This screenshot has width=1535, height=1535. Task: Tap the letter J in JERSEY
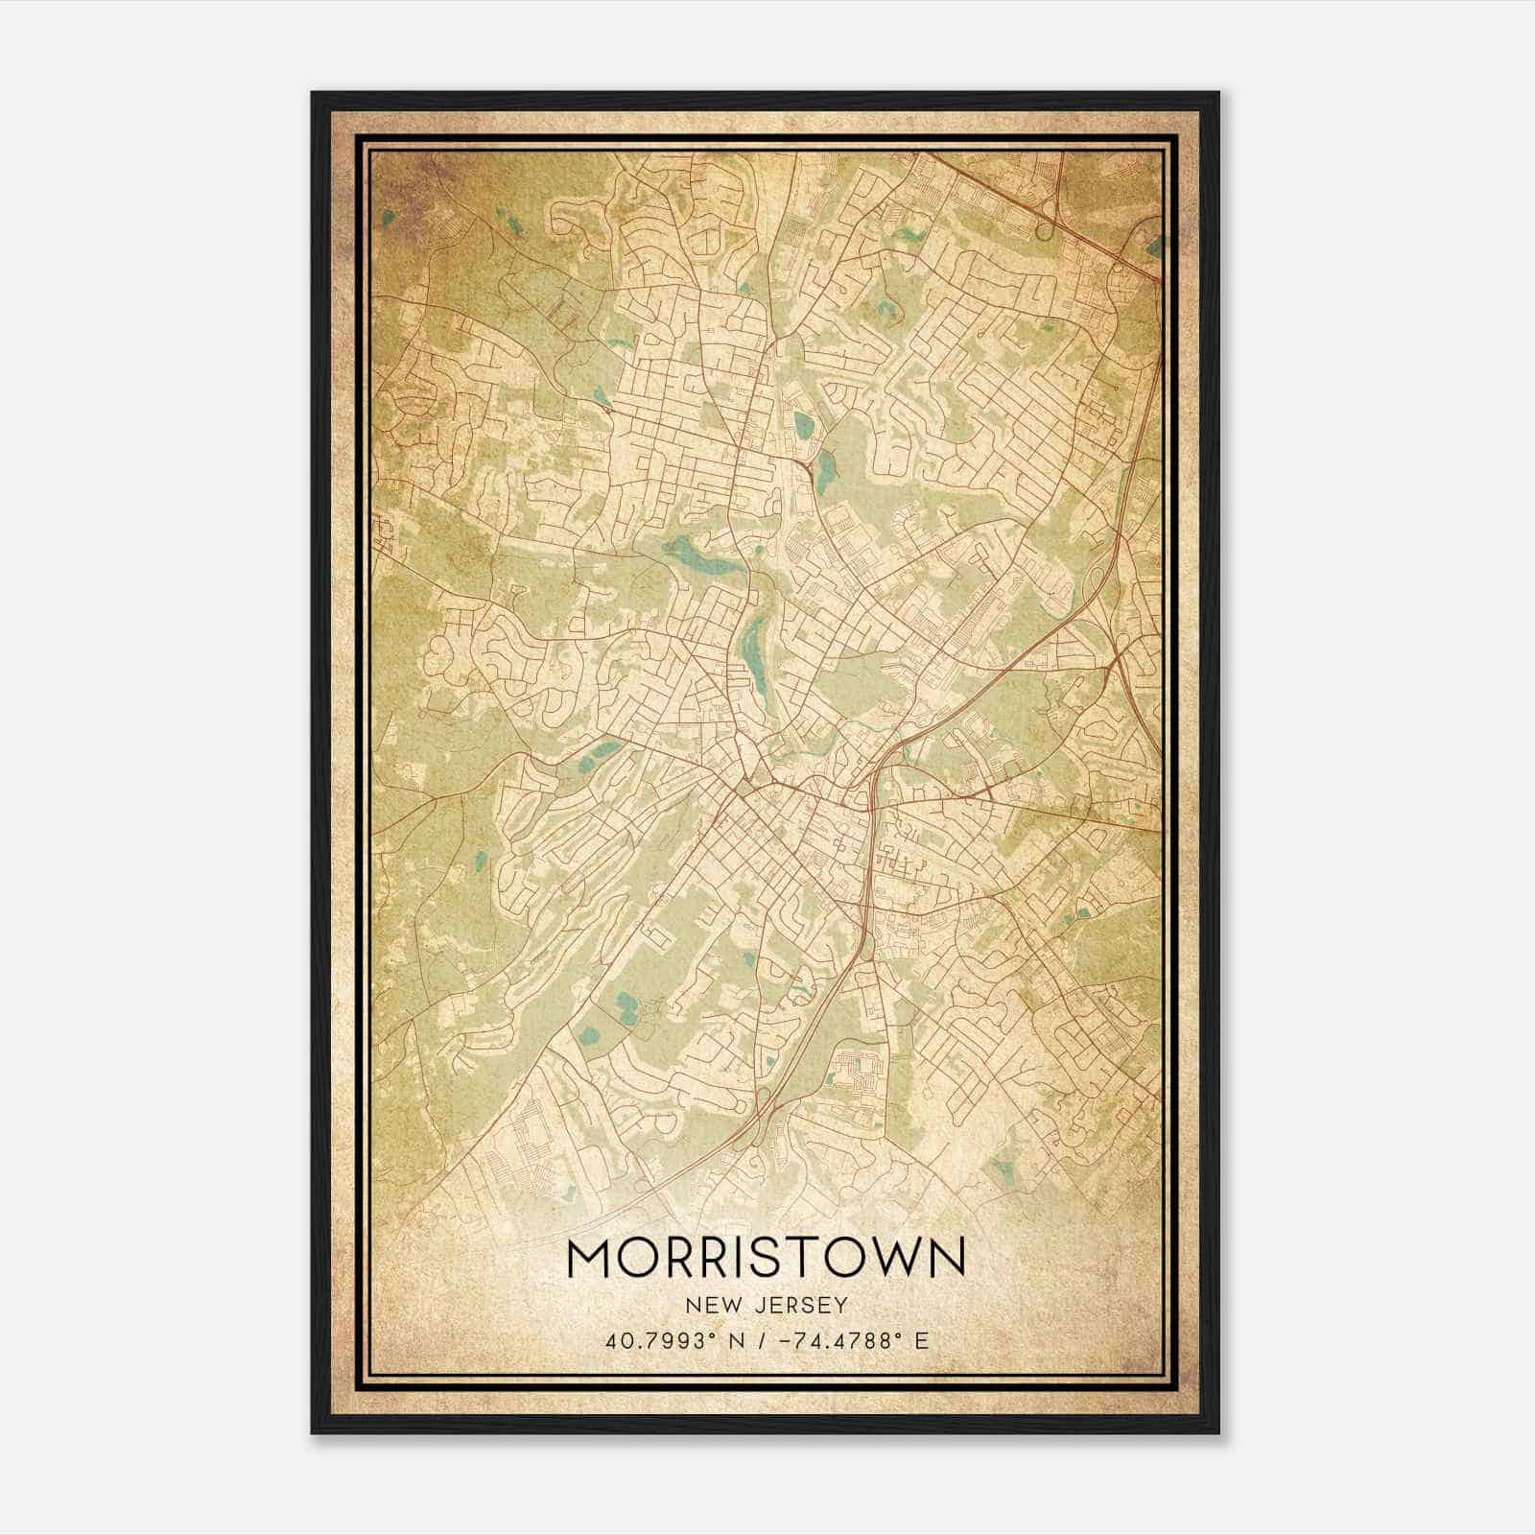763,1305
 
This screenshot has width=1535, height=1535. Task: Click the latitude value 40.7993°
659,1340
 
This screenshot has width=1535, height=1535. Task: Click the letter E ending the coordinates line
922,1340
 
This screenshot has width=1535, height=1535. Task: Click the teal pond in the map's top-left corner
388,218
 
